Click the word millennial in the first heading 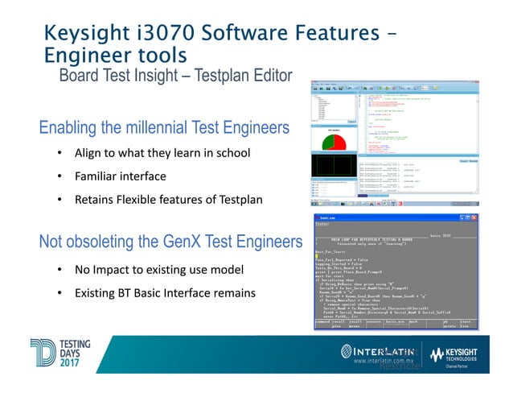[166, 129]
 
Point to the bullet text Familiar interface [121, 176]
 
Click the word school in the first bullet [232, 153]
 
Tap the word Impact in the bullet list [115, 268]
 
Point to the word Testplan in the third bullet [240, 198]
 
